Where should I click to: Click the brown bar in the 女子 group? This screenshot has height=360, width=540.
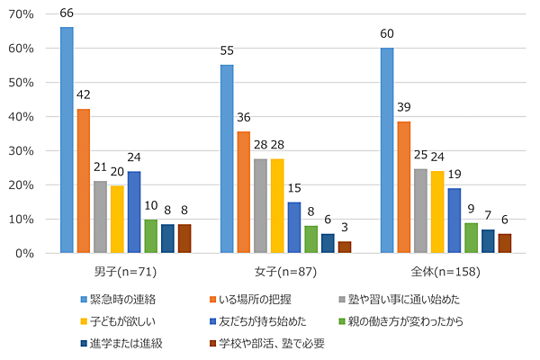(x=344, y=247)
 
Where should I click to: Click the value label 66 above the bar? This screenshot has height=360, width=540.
(x=67, y=13)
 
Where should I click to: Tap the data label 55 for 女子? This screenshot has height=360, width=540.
(x=227, y=51)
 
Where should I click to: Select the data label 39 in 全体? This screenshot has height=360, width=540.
(x=404, y=107)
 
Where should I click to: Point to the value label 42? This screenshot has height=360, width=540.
(x=83, y=94)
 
